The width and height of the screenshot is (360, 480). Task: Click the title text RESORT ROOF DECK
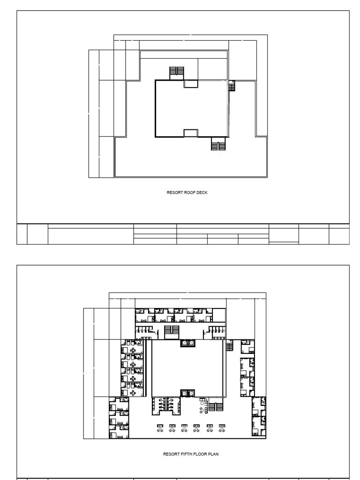184,192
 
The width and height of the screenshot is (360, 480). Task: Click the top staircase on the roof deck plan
177,71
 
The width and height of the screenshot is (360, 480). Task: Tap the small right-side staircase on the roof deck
232,86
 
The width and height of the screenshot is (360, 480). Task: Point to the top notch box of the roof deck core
191,83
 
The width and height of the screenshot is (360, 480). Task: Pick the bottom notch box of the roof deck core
191,133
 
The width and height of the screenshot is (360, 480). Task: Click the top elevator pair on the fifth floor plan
187,344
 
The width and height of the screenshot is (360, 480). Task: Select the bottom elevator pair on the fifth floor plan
187,393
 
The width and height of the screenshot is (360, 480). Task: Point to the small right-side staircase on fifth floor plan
229,346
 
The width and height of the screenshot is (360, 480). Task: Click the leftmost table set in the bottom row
160,428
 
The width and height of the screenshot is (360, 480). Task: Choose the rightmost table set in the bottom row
222,428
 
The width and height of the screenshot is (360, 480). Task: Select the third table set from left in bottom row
185,428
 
